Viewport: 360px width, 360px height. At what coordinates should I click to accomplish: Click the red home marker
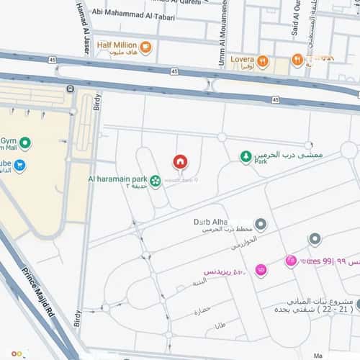[180, 161]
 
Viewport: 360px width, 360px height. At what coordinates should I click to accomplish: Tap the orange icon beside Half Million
[146, 48]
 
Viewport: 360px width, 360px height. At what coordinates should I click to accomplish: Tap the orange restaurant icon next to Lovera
[263, 61]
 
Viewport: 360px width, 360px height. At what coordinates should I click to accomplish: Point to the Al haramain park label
[117, 178]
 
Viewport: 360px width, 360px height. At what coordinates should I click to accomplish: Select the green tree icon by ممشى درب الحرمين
[246, 156]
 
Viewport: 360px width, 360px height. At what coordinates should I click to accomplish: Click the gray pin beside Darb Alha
[261, 225]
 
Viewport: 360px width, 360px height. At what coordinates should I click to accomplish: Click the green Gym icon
[25, 143]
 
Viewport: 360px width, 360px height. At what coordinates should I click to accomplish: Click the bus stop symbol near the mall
[70, 89]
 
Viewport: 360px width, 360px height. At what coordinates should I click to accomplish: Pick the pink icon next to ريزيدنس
[261, 270]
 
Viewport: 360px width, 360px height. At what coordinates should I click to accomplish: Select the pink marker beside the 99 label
[291, 260]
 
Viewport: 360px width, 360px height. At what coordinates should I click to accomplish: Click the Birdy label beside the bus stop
[98, 107]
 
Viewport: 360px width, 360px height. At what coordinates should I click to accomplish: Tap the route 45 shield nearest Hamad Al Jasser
[53, 59]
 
